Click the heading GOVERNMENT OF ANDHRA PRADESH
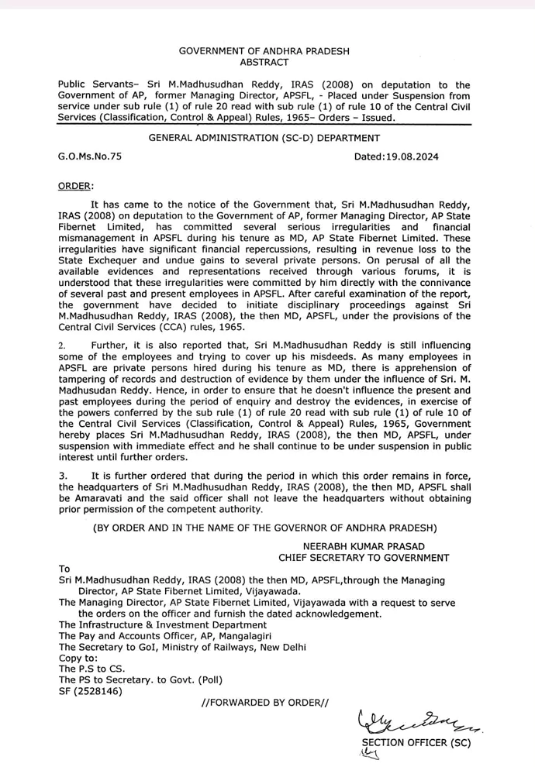(x=264, y=50)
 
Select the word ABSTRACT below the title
(x=264, y=62)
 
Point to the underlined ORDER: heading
(x=76, y=187)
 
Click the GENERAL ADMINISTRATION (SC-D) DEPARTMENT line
(x=264, y=137)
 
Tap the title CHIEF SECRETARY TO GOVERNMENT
(x=364, y=558)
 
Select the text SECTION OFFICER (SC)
(x=416, y=742)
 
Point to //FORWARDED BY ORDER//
(x=264, y=703)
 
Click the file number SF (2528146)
(x=91, y=691)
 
